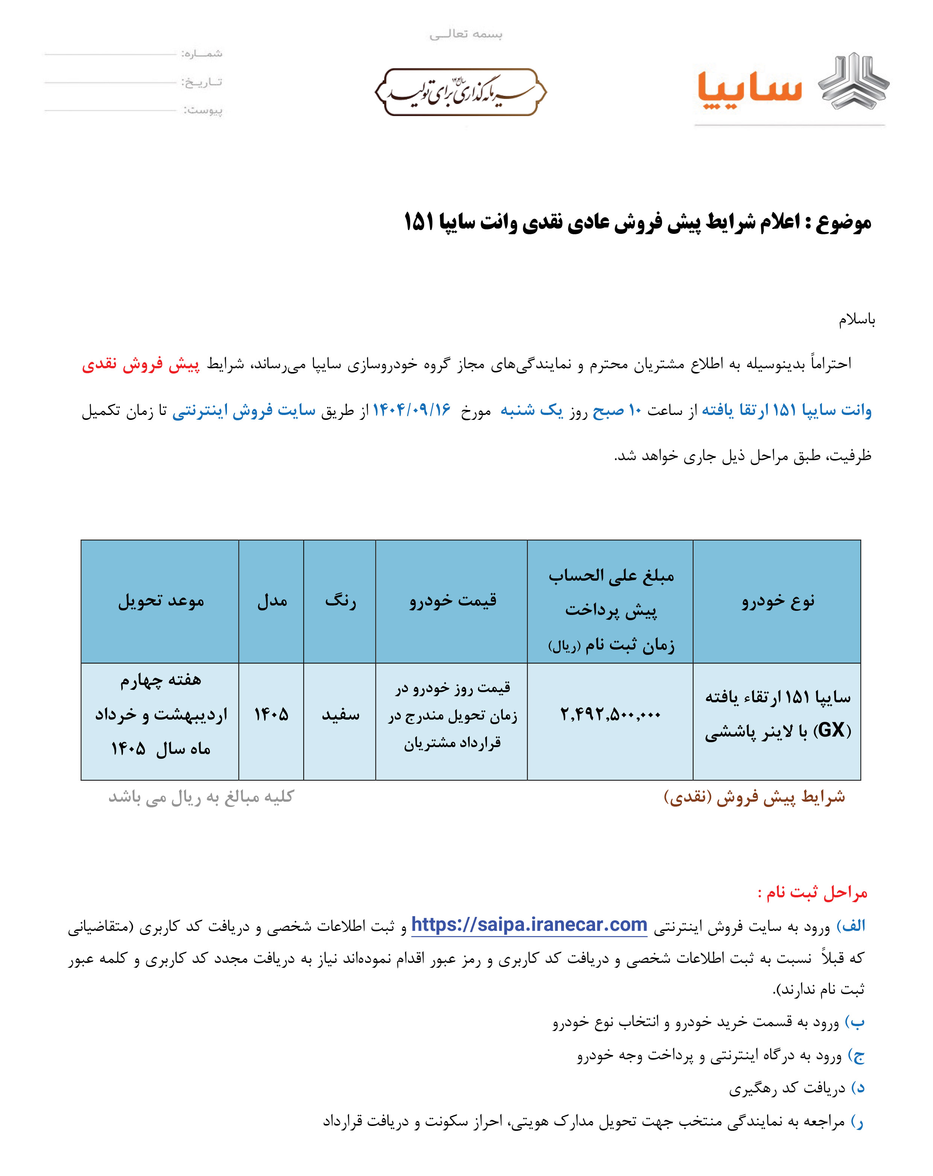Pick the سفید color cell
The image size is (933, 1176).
(340, 715)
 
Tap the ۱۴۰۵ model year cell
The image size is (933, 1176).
(271, 715)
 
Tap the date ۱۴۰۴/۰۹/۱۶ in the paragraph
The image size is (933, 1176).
(412, 410)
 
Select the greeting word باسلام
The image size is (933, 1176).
(857, 320)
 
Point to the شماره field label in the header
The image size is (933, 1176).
(202, 53)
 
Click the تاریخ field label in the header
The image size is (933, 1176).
(202, 82)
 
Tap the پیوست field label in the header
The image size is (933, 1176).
(203, 111)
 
